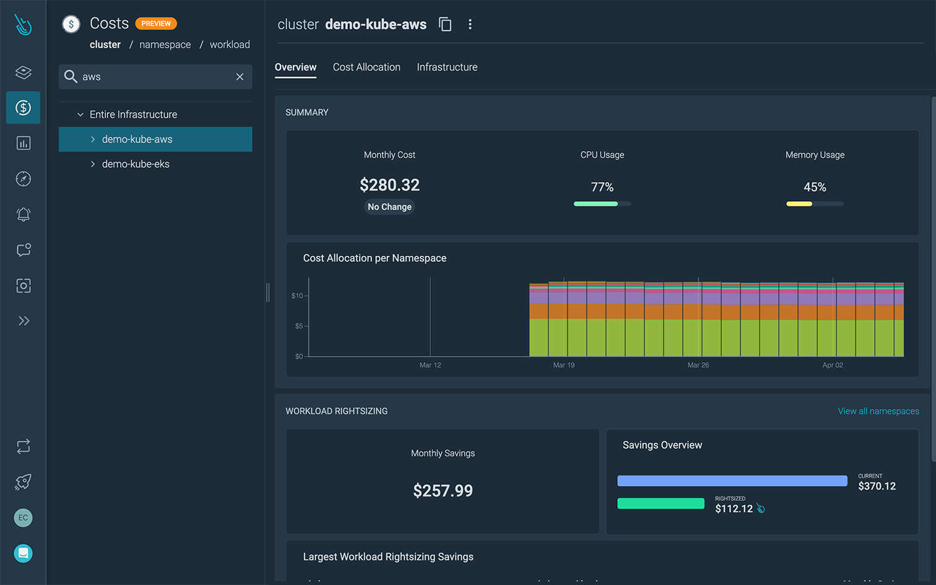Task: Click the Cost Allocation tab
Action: click(x=366, y=67)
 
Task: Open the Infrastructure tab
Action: click(x=447, y=67)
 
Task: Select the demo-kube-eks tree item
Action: click(x=136, y=164)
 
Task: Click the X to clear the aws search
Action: click(x=240, y=77)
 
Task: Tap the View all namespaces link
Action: click(x=878, y=411)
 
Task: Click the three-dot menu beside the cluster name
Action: click(x=470, y=24)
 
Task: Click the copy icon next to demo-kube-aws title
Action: click(x=445, y=24)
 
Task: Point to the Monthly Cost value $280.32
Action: click(x=389, y=185)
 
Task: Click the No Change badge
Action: click(x=389, y=207)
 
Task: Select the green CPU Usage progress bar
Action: click(x=596, y=204)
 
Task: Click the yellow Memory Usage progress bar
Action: click(x=799, y=204)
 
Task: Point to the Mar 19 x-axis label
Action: click(x=563, y=365)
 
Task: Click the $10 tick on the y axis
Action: click(x=298, y=296)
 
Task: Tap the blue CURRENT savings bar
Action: click(x=732, y=481)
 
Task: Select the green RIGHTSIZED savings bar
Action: click(x=661, y=503)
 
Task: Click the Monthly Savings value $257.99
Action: click(x=443, y=491)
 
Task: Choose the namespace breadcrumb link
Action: click(x=165, y=45)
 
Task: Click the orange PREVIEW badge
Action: click(x=156, y=24)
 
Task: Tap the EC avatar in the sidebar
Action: click(x=24, y=518)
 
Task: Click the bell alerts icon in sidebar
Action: click(x=24, y=214)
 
